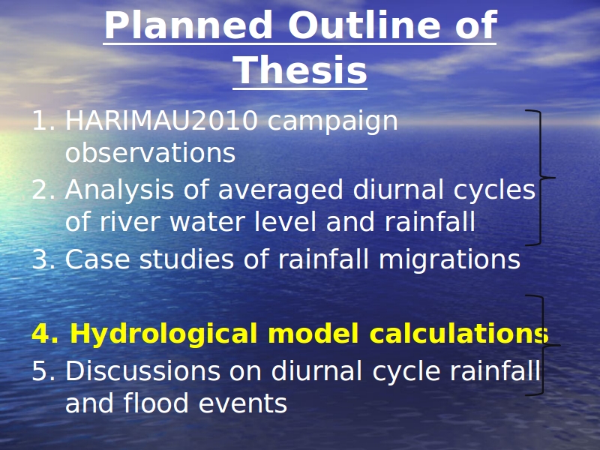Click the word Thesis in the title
(300, 70)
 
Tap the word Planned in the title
(188, 25)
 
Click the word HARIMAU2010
(161, 121)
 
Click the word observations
(150, 153)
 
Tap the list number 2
(43, 190)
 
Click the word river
(129, 222)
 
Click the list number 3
(43, 259)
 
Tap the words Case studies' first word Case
(97, 259)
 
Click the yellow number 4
(45, 333)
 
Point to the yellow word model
(313, 333)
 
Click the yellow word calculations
(459, 333)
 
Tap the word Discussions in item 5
(142, 371)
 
